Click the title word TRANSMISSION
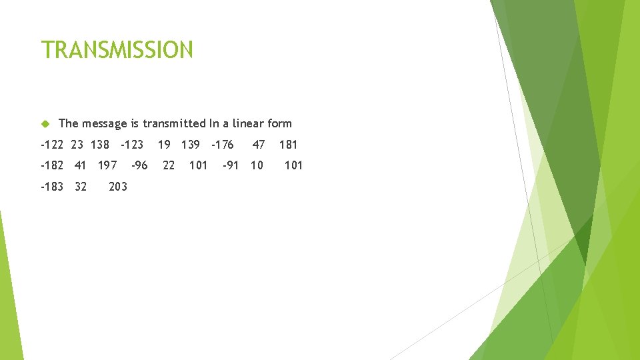click(117, 50)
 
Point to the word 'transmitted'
click(174, 123)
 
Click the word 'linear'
click(245, 123)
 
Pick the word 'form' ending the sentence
click(279, 123)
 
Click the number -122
click(52, 144)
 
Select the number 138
click(99, 144)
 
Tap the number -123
click(131, 144)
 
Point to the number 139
click(190, 144)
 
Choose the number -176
click(222, 144)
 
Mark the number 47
click(259, 144)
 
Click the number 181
click(288, 144)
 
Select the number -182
click(52, 165)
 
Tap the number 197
click(107, 165)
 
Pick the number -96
click(139, 165)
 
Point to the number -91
click(230, 165)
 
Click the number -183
click(52, 187)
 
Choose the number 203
click(117, 187)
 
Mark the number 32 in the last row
click(81, 187)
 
